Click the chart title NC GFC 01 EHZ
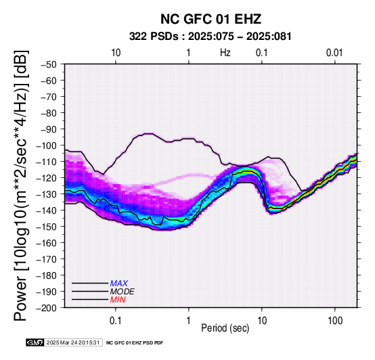pyautogui.click(x=211, y=19)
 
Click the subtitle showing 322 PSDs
pyautogui.click(x=211, y=37)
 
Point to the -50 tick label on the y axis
pyautogui.click(x=49, y=64)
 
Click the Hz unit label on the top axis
pyautogui.click(x=225, y=53)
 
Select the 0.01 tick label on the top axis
pyautogui.click(x=334, y=53)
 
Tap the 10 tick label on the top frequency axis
pyautogui.click(x=116, y=53)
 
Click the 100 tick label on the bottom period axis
pyautogui.click(x=335, y=321)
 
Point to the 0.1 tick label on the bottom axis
pyautogui.click(x=116, y=321)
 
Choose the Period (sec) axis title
pyautogui.click(x=225, y=328)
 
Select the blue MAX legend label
pyautogui.click(x=119, y=284)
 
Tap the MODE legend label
pyautogui.click(x=123, y=292)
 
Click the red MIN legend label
pyautogui.click(x=118, y=300)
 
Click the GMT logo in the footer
pyautogui.click(x=35, y=342)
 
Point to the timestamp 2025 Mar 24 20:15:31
pyautogui.click(x=73, y=342)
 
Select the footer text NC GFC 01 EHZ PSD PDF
pyautogui.click(x=135, y=343)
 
